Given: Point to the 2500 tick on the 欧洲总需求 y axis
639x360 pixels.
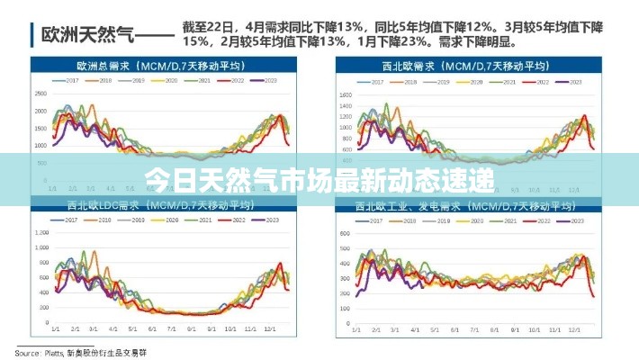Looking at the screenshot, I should (x=40, y=93).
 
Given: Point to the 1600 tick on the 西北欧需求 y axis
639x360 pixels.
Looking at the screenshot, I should (x=345, y=93).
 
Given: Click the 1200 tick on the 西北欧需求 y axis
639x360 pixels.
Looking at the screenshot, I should (x=345, y=116).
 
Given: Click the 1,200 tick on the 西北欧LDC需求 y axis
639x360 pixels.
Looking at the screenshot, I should (x=40, y=232).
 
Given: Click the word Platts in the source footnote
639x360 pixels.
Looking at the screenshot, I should (x=50, y=351).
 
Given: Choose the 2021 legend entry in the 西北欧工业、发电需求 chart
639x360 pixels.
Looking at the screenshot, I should (x=508, y=220).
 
